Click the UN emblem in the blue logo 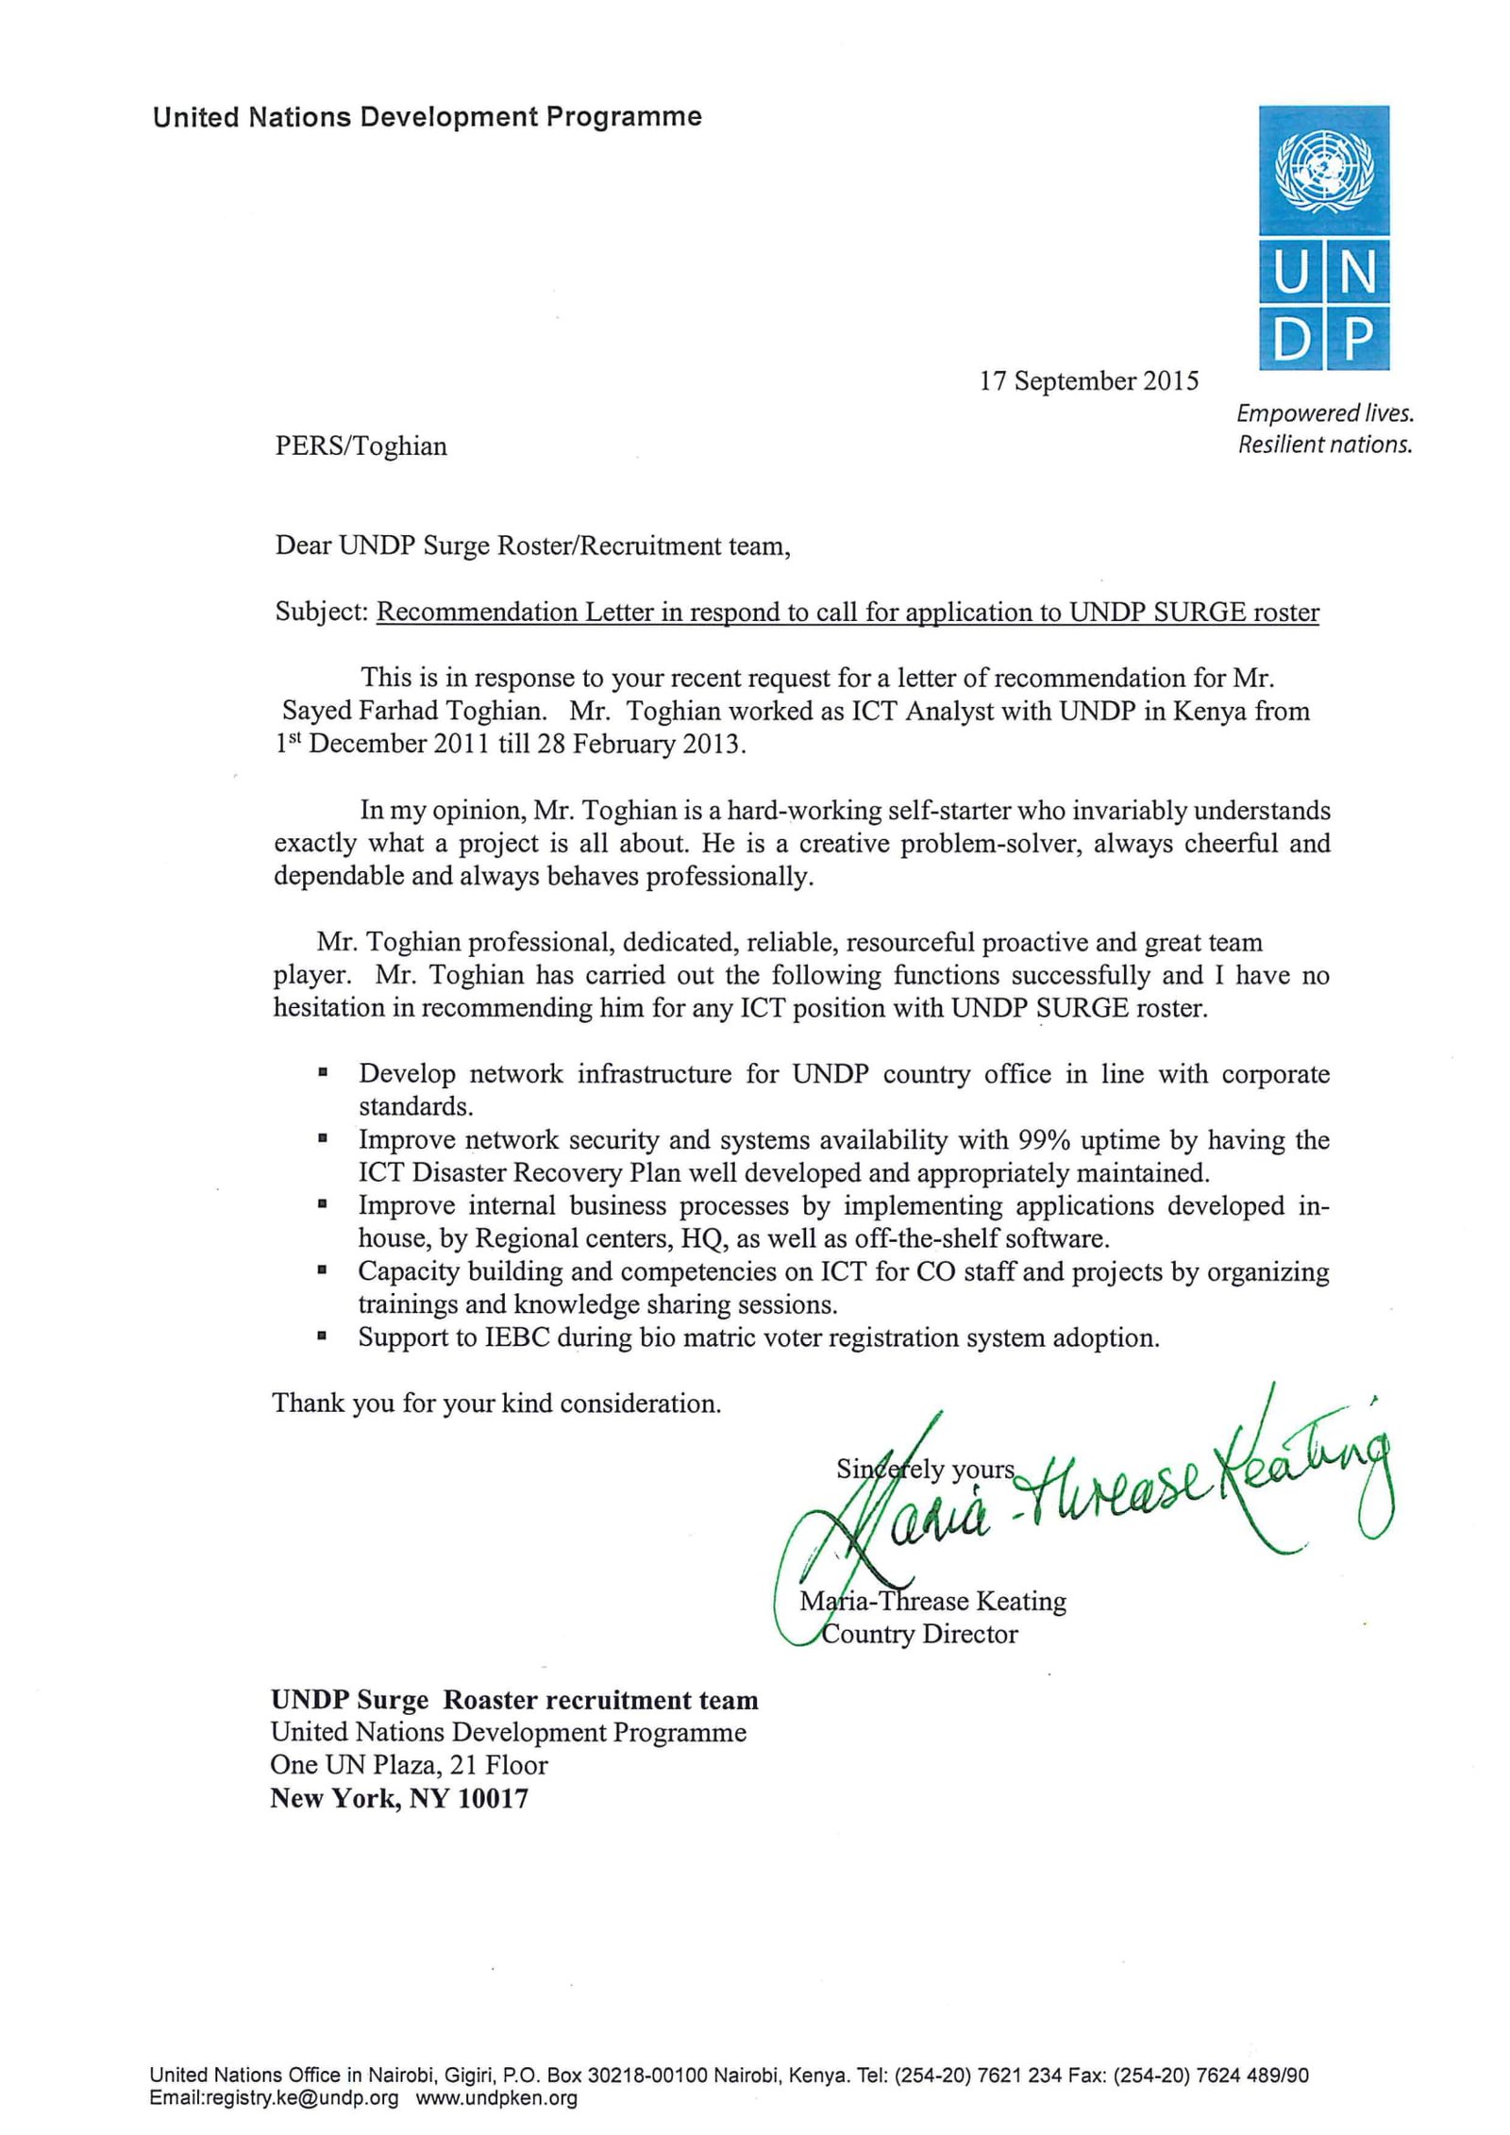(x=1323, y=171)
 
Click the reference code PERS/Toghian (x=361, y=445)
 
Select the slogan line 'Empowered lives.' (x=1324, y=413)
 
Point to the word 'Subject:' (x=321, y=613)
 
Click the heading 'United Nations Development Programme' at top (x=427, y=118)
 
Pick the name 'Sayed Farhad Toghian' (x=413, y=711)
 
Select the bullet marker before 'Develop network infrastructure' (x=324, y=1073)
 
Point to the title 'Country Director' (x=919, y=1634)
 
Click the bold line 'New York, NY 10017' (x=399, y=1798)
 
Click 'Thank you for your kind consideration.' (x=496, y=1404)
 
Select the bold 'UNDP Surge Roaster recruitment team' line (x=514, y=1700)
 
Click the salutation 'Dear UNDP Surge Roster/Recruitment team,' (x=532, y=546)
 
